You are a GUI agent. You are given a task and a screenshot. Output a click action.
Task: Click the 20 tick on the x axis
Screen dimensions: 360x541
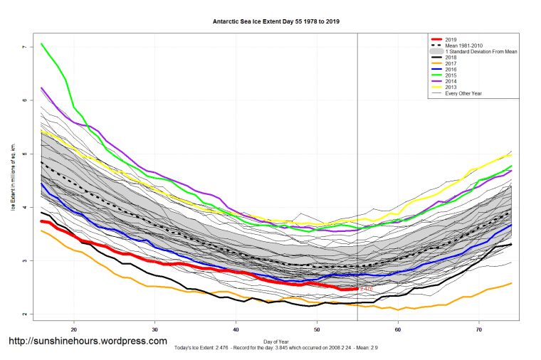[74, 330]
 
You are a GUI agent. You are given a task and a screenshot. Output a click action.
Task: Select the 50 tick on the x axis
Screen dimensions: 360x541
[317, 330]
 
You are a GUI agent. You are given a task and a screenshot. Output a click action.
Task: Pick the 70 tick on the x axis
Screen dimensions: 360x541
[479, 330]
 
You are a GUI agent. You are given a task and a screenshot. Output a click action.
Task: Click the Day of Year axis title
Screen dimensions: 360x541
[276, 342]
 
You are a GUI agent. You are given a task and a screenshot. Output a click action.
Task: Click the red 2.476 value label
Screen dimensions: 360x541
[367, 289]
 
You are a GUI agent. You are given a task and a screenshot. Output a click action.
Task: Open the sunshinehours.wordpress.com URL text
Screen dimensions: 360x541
[88, 342]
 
